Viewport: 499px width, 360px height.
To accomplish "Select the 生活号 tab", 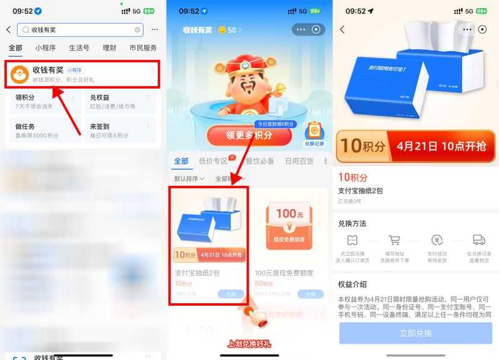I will click(x=79, y=47).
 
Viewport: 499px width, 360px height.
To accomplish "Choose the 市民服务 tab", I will click(x=143, y=47).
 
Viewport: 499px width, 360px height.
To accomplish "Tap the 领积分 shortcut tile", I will click(x=44, y=101).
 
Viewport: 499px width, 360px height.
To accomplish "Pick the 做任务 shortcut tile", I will click(x=44, y=130).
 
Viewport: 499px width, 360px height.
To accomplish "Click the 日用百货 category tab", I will click(x=301, y=161).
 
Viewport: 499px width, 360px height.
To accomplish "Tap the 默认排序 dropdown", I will click(x=190, y=178).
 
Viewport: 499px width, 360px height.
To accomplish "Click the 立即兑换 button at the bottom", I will click(x=415, y=333).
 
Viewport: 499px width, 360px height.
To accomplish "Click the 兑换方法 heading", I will click(x=352, y=223).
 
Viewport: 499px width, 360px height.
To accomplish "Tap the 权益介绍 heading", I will click(x=352, y=284).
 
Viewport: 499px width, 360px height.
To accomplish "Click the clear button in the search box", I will click(x=137, y=29).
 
